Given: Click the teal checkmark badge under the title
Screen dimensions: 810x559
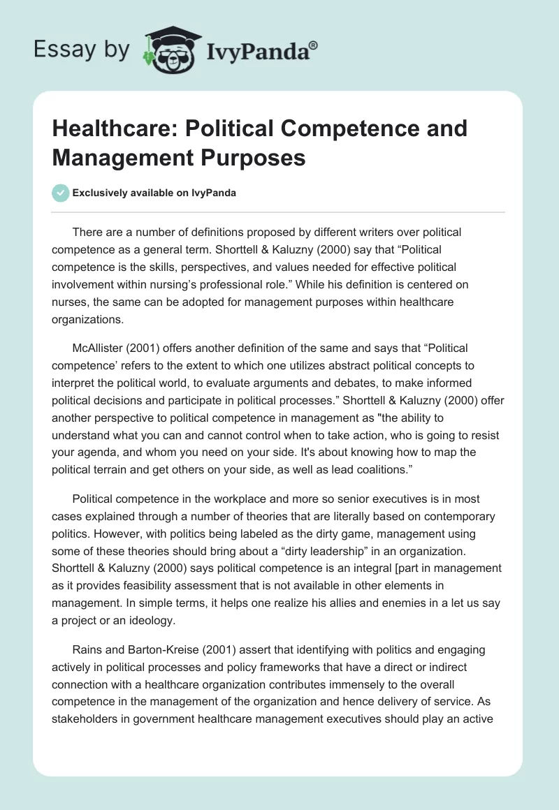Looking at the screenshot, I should [61, 193].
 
